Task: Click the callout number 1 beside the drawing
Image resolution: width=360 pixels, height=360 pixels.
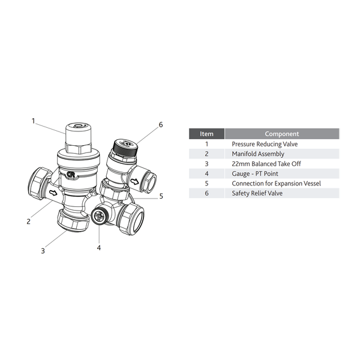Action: point(33,121)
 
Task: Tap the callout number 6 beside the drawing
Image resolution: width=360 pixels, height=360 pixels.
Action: point(161,125)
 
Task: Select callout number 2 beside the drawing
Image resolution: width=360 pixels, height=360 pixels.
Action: point(28,221)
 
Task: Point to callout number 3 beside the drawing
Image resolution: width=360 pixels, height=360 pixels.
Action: point(43,251)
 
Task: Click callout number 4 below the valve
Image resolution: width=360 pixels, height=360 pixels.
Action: point(99,248)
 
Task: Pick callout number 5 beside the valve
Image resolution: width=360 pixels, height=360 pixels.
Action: point(161,196)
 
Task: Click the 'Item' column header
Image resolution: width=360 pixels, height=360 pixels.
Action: point(206,134)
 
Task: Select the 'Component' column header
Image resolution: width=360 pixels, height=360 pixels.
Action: point(282,134)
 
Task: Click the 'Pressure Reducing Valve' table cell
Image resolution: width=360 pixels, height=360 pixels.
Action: point(265,144)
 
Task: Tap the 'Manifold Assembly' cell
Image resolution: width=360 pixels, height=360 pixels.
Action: point(258,154)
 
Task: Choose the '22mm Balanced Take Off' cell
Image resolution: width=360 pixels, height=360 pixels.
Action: point(266,164)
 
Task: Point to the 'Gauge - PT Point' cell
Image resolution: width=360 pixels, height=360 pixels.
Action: point(255,173)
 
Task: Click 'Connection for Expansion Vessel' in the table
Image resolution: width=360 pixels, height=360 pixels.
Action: point(276,184)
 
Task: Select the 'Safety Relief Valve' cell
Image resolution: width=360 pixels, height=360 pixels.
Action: point(257,193)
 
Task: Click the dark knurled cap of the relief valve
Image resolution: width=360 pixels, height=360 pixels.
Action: point(125,147)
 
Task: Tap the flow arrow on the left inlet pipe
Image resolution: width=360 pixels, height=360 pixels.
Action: point(53,193)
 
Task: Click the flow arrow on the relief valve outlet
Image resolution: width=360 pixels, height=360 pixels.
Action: point(134,182)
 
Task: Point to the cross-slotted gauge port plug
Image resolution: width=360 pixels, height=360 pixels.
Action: point(99,216)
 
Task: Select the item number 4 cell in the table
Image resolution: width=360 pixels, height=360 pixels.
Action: point(206,173)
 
